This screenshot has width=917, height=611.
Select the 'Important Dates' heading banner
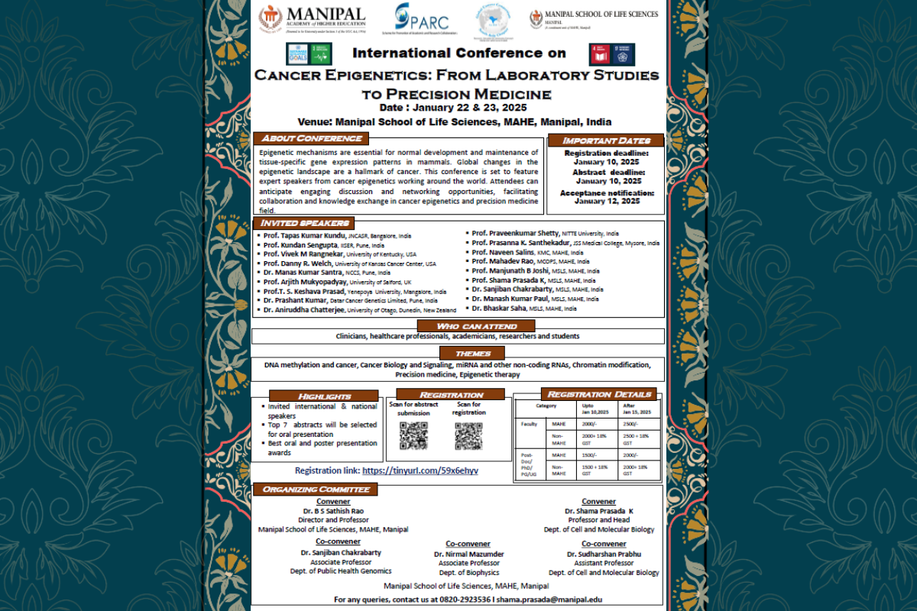(x=605, y=141)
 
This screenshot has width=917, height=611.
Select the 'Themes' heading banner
(x=472, y=354)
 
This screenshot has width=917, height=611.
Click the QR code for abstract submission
(x=413, y=435)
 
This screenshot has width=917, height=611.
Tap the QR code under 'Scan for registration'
(x=468, y=435)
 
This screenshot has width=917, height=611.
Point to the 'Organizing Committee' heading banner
(x=316, y=489)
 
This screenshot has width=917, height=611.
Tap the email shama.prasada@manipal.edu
(x=548, y=600)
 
